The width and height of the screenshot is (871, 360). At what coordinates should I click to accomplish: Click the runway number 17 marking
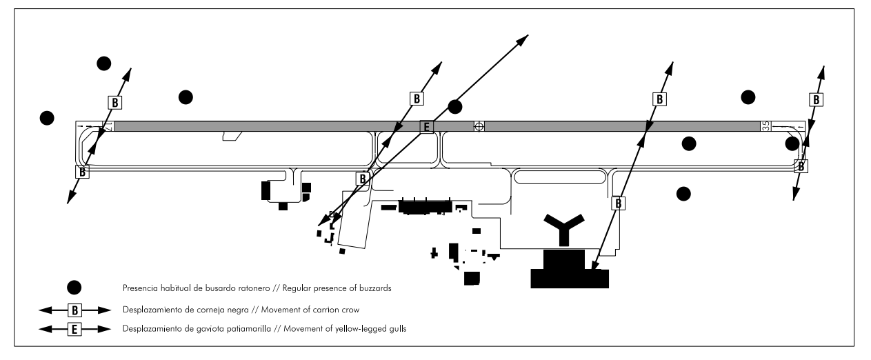(x=108, y=126)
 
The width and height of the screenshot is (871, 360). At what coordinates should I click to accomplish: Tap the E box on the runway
(x=426, y=126)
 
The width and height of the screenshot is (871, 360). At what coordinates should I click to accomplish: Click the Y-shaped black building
(x=564, y=229)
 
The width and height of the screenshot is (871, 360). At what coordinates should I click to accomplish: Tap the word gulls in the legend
(x=397, y=329)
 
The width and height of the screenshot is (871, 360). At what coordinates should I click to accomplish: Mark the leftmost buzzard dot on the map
(x=47, y=117)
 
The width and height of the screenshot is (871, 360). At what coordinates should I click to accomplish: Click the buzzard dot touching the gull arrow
(x=454, y=106)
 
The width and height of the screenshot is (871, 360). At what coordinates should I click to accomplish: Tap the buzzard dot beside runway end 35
(x=792, y=143)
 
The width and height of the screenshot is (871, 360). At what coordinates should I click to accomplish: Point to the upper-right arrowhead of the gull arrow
(x=523, y=39)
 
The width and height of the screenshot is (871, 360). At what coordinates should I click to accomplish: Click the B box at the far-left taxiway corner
(x=82, y=171)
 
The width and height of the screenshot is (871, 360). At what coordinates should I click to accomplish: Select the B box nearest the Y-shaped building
(x=619, y=203)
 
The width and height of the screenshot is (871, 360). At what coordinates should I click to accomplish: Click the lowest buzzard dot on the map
(x=683, y=193)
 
